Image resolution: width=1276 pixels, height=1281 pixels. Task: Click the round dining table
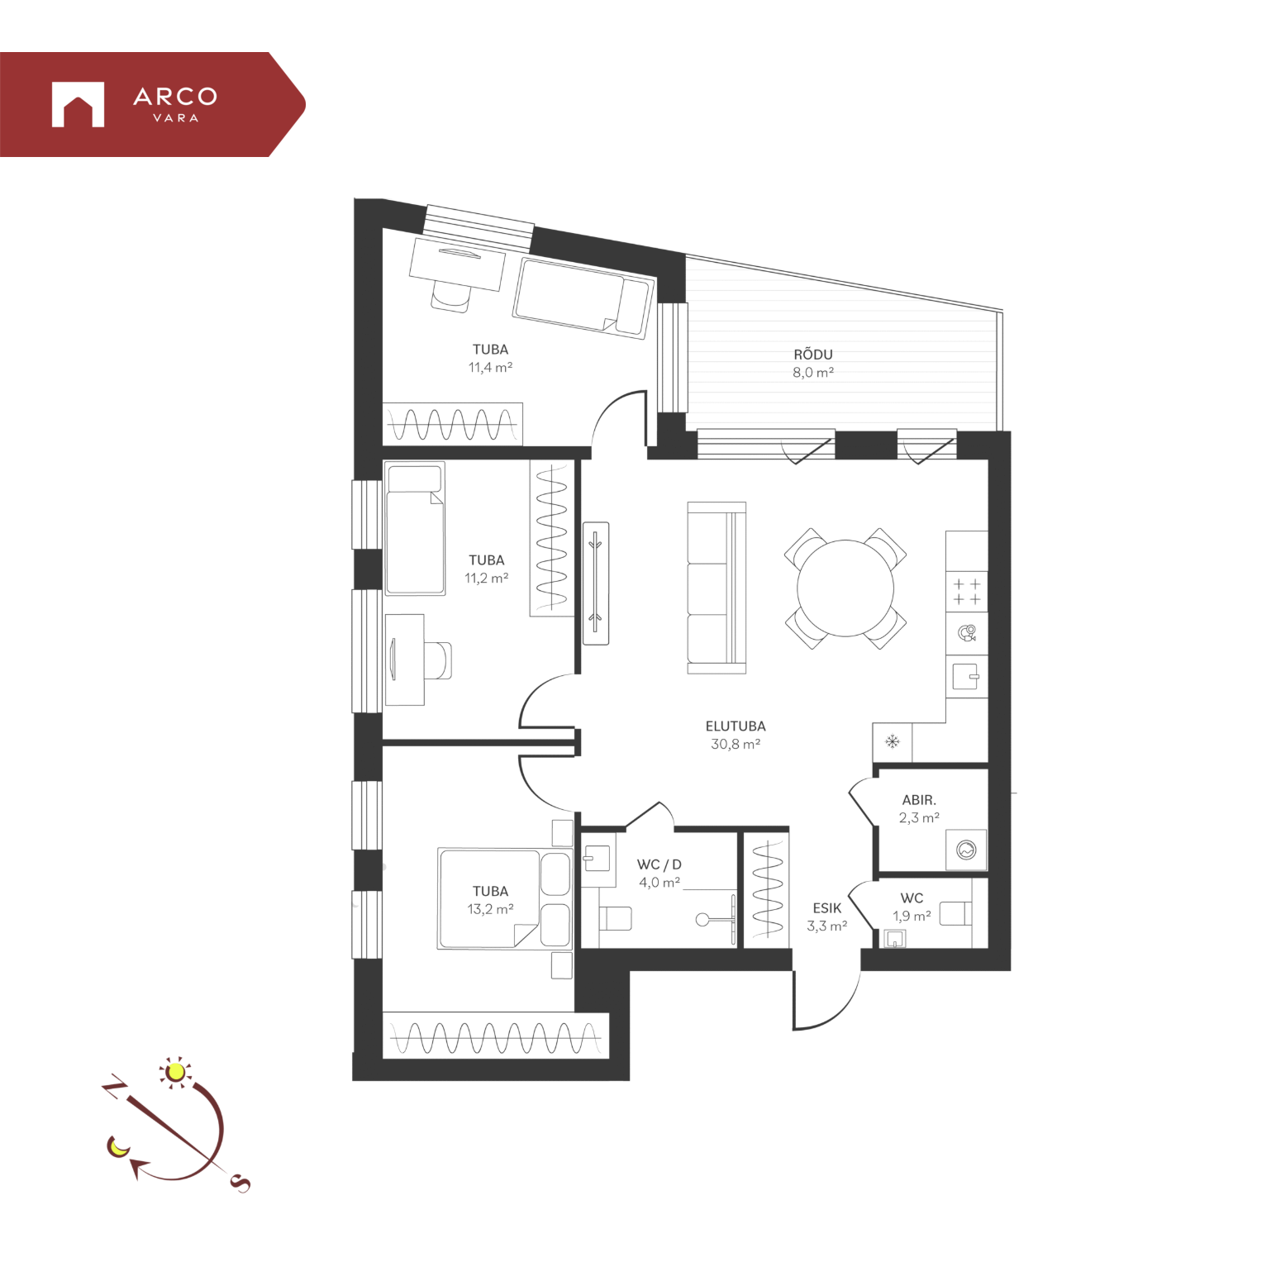(x=845, y=588)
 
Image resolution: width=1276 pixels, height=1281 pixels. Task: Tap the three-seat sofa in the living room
(x=717, y=588)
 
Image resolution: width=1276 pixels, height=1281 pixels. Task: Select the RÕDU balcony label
(x=813, y=355)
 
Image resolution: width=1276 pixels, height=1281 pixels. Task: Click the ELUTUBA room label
(x=736, y=726)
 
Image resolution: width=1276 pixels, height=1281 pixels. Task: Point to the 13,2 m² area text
(x=490, y=909)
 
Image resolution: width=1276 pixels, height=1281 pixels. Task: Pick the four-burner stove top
(x=967, y=592)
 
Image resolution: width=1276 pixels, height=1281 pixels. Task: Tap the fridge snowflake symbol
(x=893, y=741)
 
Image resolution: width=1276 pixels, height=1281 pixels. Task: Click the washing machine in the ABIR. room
(x=966, y=850)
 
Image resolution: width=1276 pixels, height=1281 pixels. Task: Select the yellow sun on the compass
(x=174, y=1072)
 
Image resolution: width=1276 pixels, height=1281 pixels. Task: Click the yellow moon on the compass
(x=117, y=1147)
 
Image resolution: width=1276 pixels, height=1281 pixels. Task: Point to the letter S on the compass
(x=240, y=1183)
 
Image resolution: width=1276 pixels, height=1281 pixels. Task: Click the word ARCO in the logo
(x=175, y=97)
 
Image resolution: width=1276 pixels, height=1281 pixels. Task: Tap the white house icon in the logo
(x=78, y=104)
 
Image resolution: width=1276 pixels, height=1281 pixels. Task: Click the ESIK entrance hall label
(x=826, y=908)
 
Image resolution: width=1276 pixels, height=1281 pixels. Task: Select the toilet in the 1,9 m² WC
(x=956, y=913)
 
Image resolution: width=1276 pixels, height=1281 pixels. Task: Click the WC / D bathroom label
(x=659, y=864)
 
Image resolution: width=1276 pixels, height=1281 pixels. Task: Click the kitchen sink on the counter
(x=966, y=677)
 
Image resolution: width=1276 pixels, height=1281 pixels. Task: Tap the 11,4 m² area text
(x=490, y=368)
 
